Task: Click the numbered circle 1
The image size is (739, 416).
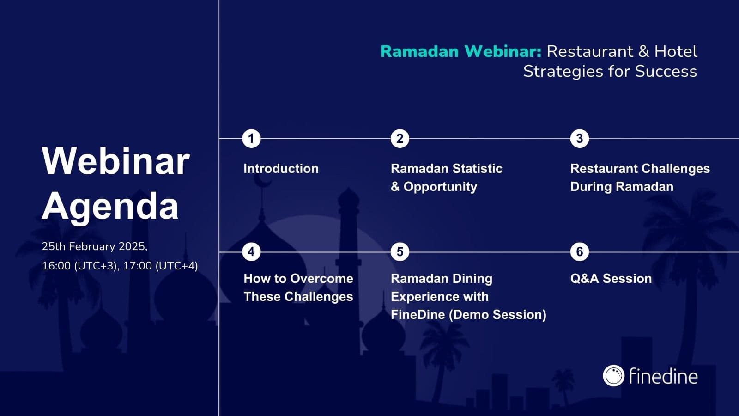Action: (251, 139)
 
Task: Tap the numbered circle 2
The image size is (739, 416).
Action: (400, 139)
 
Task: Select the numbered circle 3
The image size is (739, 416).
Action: (580, 139)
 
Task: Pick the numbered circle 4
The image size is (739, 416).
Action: (251, 252)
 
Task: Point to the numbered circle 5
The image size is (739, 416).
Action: (400, 252)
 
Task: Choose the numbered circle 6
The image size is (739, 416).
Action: (580, 252)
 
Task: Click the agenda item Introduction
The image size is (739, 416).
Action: (281, 169)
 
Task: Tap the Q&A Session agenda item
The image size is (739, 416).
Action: (611, 279)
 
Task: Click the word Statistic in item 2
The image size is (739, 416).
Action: (478, 169)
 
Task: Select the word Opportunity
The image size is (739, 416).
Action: (441, 187)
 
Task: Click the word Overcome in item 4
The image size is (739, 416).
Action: (321, 279)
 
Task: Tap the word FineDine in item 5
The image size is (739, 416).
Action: (418, 315)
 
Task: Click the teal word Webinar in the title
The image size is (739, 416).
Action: (503, 51)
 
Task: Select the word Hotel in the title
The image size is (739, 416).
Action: (676, 51)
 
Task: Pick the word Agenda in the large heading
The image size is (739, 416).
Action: (110, 206)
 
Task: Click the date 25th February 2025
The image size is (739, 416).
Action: (95, 247)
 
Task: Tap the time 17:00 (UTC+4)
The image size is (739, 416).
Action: (160, 266)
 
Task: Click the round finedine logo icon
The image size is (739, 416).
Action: (614, 376)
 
